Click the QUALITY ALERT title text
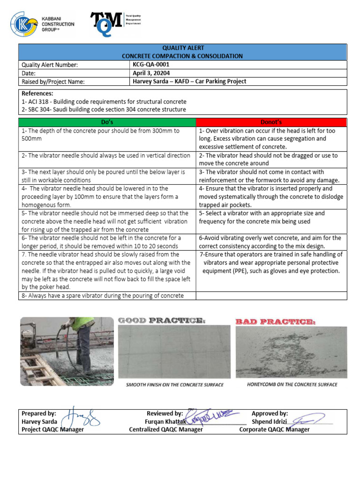(x=182, y=48)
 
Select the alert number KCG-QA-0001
(x=151, y=65)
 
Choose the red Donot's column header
(x=271, y=122)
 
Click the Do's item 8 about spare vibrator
(x=102, y=295)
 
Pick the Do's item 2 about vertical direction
(x=106, y=156)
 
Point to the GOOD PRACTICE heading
(x=161, y=321)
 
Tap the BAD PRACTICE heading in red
(x=275, y=322)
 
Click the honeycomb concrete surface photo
(x=291, y=352)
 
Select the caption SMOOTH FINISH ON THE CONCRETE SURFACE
(x=174, y=385)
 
